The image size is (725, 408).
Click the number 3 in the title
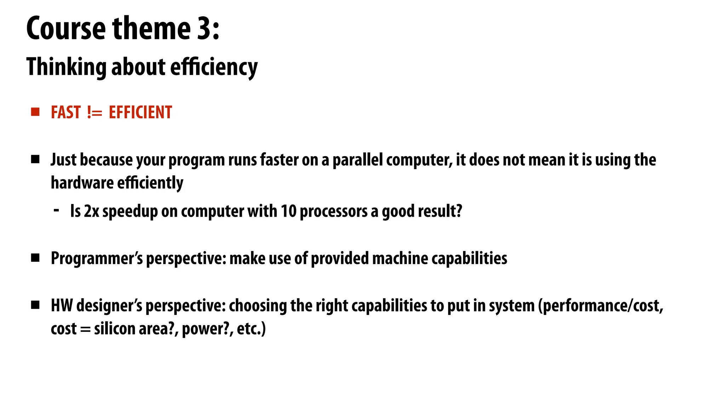pos(204,28)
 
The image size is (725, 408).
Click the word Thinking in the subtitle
pos(66,67)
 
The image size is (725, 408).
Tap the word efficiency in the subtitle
pos(214,67)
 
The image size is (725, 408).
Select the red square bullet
pos(35,112)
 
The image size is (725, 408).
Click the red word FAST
pos(66,112)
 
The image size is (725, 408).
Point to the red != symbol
pos(95,113)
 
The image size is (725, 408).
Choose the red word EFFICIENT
pos(140,112)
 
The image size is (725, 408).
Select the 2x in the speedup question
pos(91,211)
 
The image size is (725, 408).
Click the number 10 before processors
pos(288,211)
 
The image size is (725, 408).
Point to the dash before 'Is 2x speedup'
pos(56,210)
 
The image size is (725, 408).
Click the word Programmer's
pos(97,258)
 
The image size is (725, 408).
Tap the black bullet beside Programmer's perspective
pos(35,258)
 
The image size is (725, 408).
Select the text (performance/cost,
pos(600,305)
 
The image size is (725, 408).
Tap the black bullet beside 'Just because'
pos(35,160)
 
